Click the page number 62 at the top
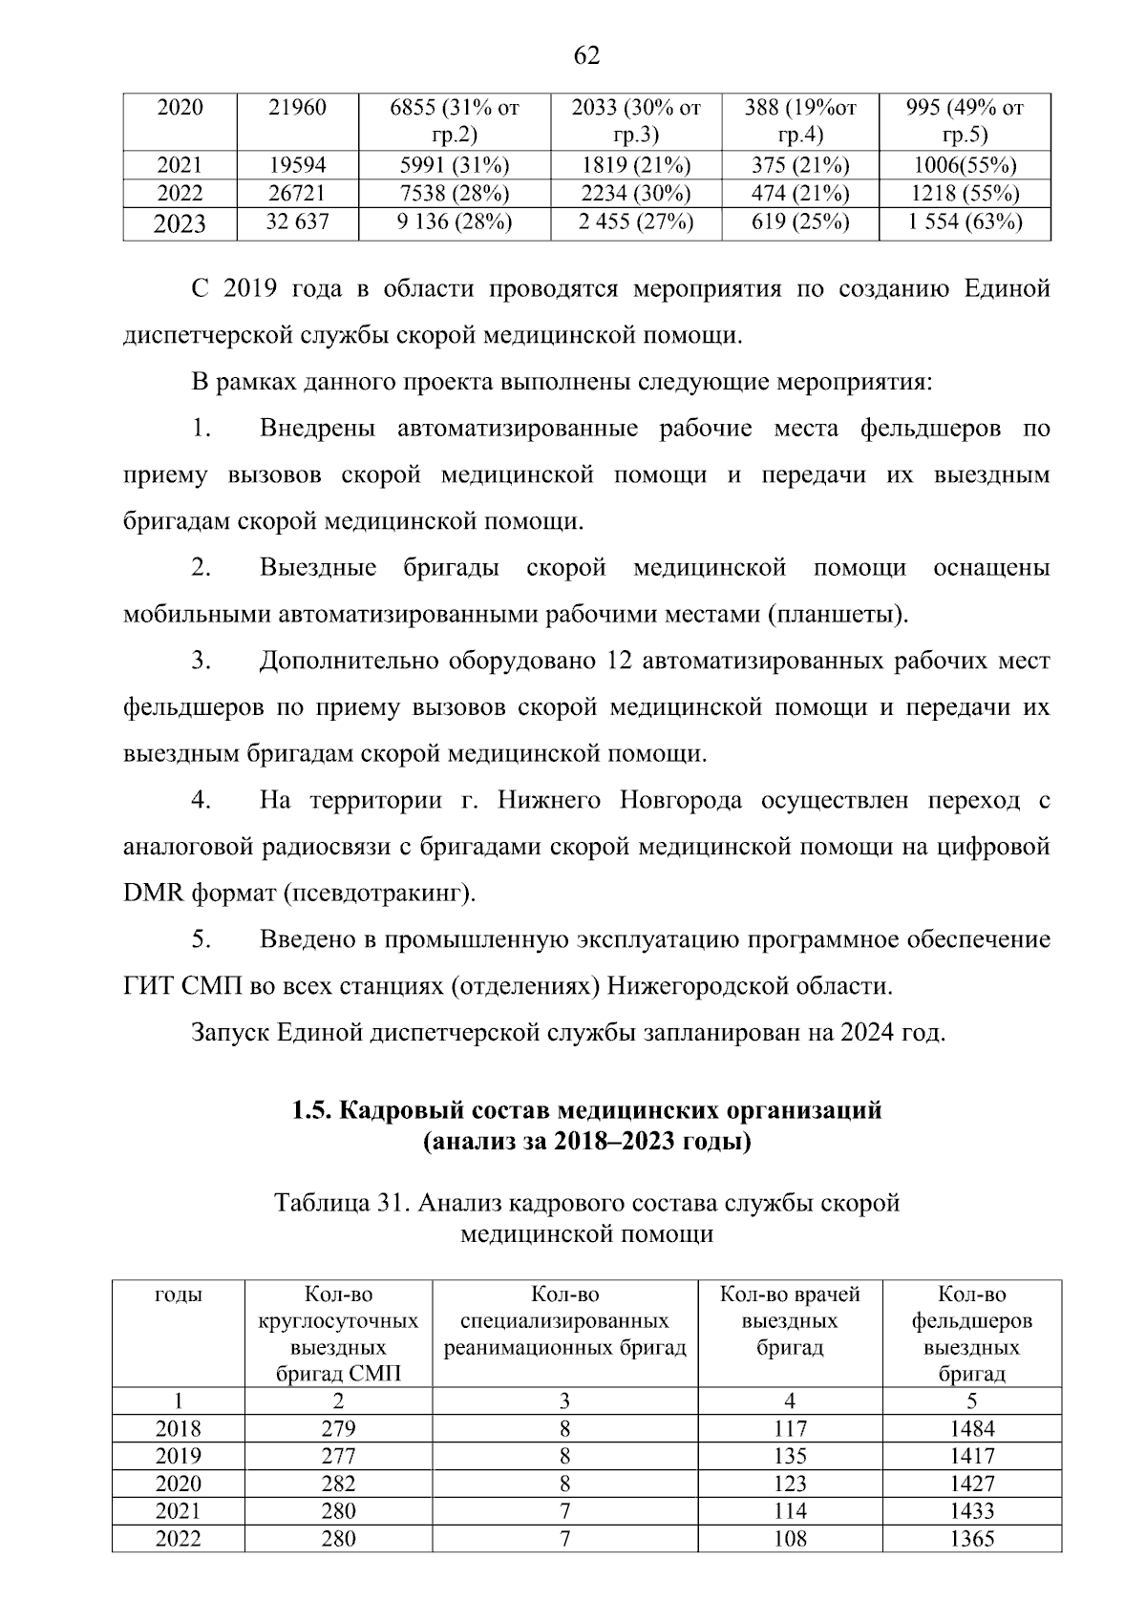586,56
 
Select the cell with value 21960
296,108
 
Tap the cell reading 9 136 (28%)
455,224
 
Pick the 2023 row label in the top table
180,225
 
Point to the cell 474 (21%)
799,194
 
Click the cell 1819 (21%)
635,165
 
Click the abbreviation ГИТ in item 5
147,986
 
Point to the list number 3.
200,661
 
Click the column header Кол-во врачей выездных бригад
789,1321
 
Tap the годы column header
179,1295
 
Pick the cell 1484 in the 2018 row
971,1429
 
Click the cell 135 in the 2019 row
790,1457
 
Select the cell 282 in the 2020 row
338,1484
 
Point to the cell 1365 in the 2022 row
971,1539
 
